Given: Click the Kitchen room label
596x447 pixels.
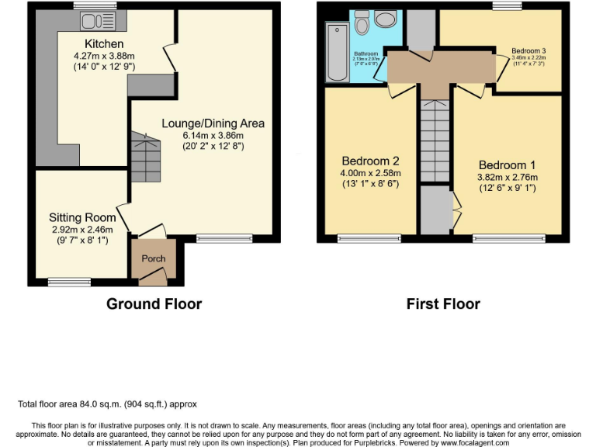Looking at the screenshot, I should click(x=104, y=43).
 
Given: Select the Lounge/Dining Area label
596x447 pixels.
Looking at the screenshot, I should click(x=213, y=123).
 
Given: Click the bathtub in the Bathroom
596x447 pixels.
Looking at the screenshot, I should click(x=336, y=52).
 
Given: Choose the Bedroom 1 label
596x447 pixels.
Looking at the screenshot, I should click(x=507, y=165).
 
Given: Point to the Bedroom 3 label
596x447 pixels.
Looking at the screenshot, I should click(x=528, y=51).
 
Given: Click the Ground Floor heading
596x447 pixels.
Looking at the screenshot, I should click(x=154, y=303).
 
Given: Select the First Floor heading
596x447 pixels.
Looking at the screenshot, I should click(x=443, y=303).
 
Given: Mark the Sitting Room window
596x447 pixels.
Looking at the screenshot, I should click(x=69, y=280).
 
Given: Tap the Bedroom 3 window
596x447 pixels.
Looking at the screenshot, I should click(x=507, y=6).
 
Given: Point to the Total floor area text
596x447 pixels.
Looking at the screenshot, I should click(x=107, y=404).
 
